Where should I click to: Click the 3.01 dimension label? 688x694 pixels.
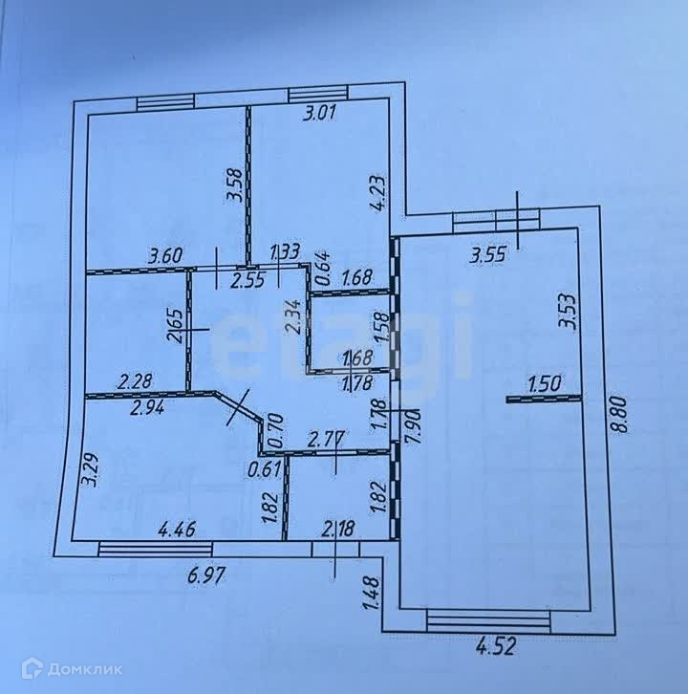tap(321, 116)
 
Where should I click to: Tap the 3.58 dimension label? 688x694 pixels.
tap(232, 184)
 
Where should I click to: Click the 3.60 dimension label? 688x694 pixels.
tap(164, 255)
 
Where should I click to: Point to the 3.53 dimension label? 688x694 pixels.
tap(570, 313)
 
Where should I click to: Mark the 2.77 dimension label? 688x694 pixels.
tap(327, 441)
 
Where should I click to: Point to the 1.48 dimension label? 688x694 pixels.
tap(372, 594)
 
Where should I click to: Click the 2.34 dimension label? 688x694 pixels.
tap(294, 316)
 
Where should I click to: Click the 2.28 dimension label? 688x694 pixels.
tap(136, 383)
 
